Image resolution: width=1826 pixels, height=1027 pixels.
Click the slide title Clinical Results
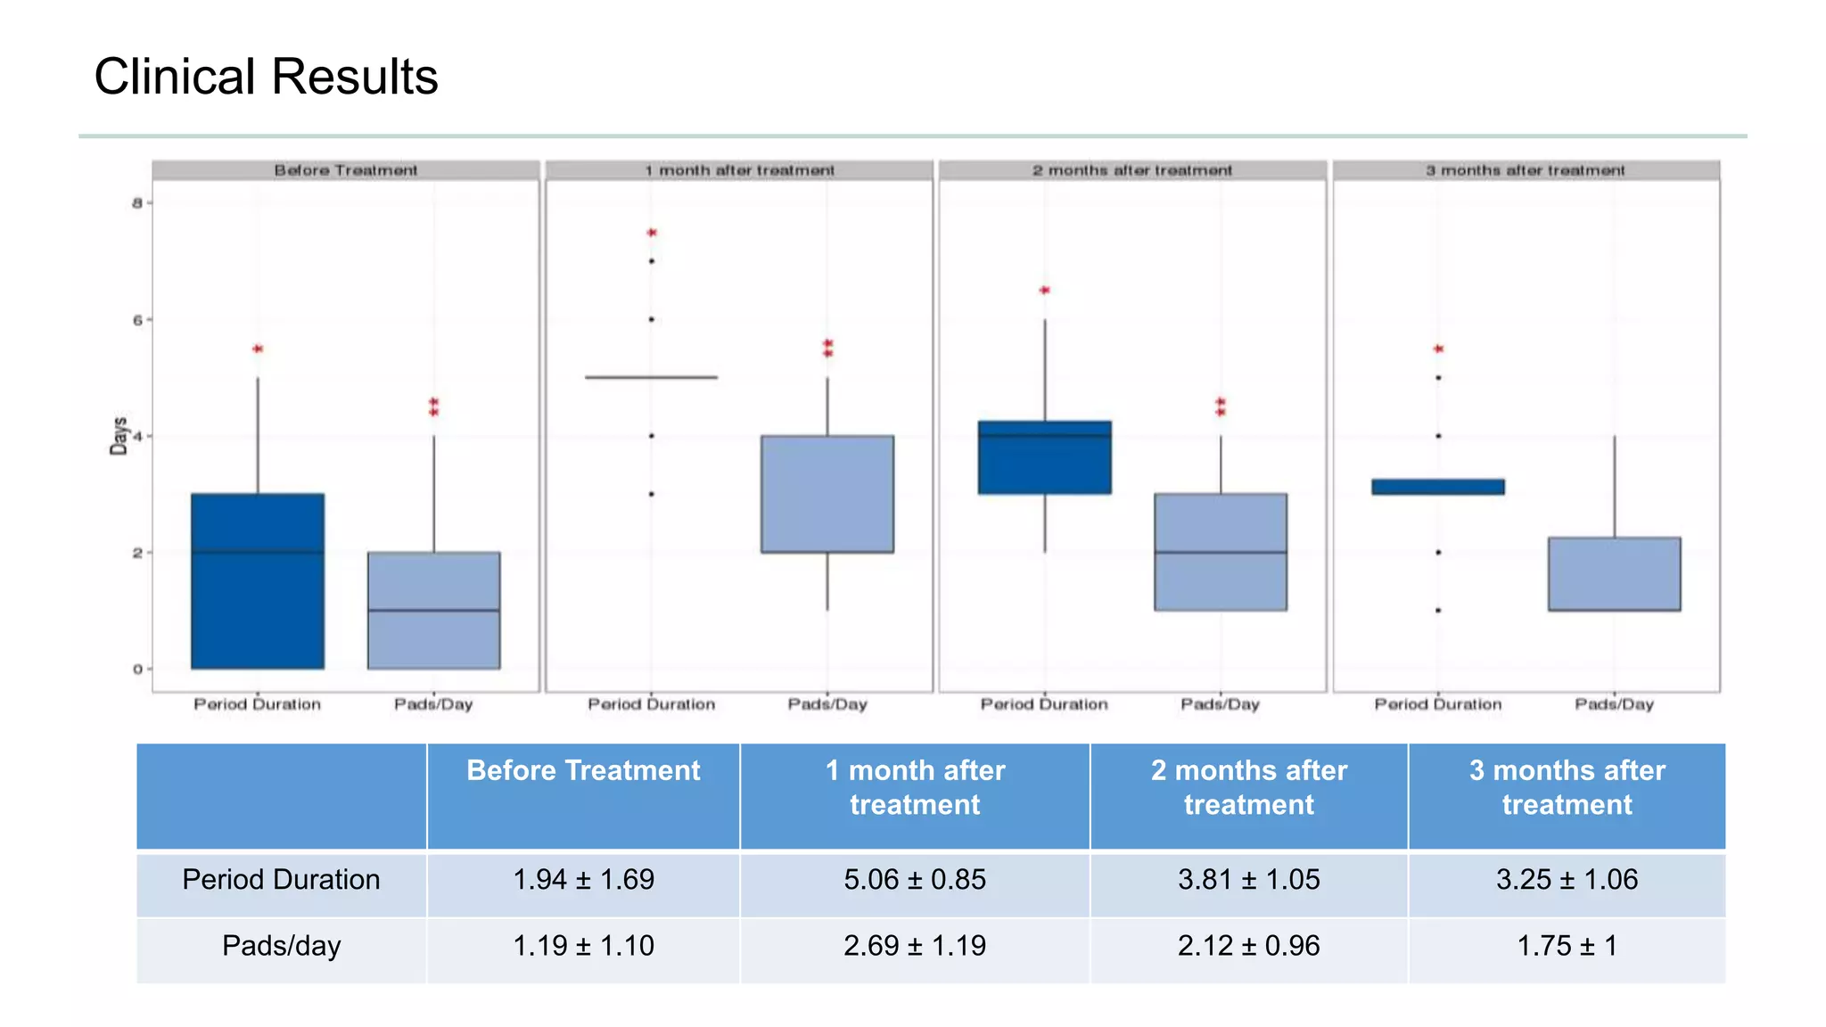(x=266, y=77)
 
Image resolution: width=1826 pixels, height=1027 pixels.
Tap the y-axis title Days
(x=119, y=436)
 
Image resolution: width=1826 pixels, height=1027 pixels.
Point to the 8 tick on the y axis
(x=137, y=203)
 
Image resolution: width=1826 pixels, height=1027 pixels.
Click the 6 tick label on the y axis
(x=137, y=320)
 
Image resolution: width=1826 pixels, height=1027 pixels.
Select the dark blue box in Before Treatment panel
(x=258, y=580)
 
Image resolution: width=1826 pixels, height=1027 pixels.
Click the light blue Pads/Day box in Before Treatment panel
(x=434, y=610)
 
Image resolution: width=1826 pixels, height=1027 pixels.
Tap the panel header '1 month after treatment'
(x=739, y=170)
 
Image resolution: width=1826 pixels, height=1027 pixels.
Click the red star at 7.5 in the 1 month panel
(x=652, y=233)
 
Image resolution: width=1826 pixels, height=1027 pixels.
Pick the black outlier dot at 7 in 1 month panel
(x=652, y=261)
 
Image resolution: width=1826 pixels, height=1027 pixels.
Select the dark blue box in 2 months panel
(x=1044, y=457)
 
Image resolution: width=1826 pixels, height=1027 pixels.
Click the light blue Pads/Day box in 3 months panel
(x=1614, y=573)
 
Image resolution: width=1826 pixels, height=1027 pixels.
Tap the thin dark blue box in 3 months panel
(x=1438, y=487)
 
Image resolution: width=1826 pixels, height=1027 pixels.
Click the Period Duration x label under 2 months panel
(x=1044, y=704)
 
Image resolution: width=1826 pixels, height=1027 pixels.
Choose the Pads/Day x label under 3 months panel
(x=1614, y=704)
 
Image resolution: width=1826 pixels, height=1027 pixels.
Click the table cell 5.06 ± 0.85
(x=915, y=880)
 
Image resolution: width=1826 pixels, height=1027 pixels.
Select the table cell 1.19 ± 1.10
(x=583, y=946)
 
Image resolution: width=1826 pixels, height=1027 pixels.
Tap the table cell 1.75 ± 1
(x=1567, y=946)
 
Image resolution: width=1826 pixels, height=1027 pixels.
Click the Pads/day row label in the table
(x=281, y=946)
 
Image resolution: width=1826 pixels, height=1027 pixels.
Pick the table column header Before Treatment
(x=583, y=771)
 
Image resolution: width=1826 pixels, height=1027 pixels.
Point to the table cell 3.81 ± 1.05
(x=1248, y=880)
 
